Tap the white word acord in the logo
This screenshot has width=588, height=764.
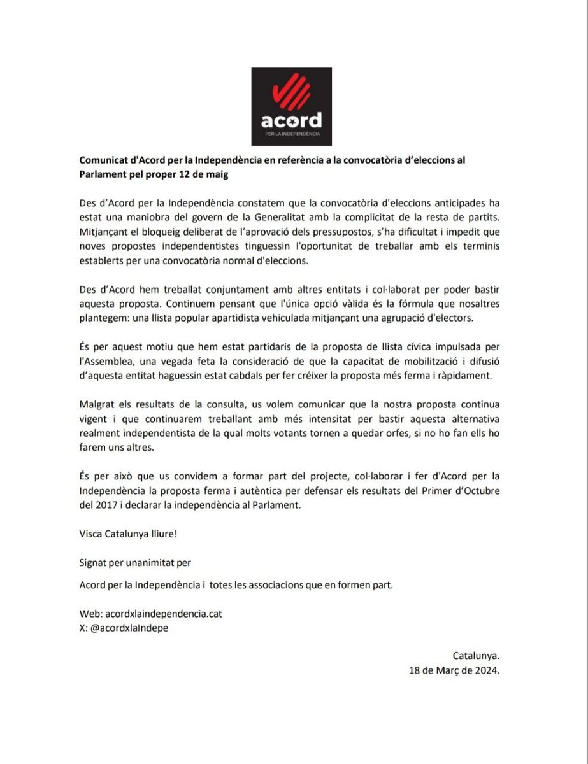(x=292, y=120)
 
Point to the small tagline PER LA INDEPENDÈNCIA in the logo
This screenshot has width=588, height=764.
(x=292, y=135)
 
